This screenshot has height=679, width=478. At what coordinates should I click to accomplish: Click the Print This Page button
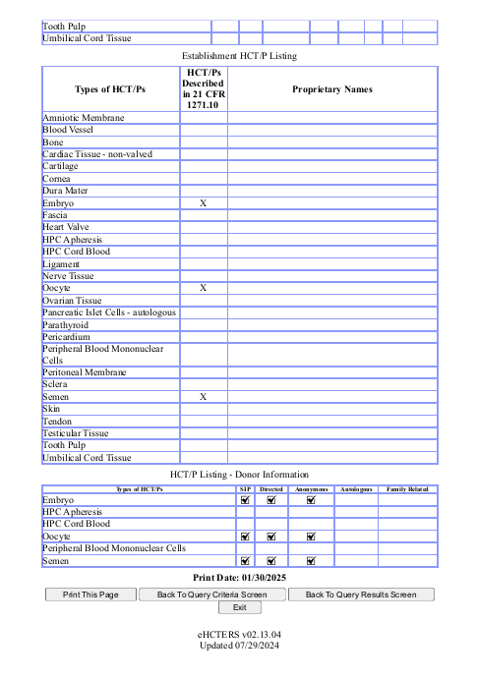[x=90, y=594]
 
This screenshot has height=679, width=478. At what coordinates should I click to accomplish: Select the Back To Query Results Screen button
[x=361, y=594]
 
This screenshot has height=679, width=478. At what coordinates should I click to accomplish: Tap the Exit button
[x=239, y=608]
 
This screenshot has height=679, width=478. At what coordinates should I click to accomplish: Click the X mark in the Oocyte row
[x=204, y=288]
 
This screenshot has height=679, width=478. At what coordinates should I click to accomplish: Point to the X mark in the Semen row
[x=204, y=397]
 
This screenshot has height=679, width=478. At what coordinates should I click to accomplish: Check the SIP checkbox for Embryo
[x=246, y=500]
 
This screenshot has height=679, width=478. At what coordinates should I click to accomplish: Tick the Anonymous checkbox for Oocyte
[x=311, y=537]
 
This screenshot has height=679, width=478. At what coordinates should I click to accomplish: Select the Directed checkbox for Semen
[x=271, y=561]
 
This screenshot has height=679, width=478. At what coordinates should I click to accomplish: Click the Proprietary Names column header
[x=332, y=89]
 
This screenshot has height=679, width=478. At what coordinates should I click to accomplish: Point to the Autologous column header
[x=356, y=488]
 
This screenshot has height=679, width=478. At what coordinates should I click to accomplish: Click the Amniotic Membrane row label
[x=84, y=118]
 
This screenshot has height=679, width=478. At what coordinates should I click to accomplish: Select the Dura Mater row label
[x=70, y=191]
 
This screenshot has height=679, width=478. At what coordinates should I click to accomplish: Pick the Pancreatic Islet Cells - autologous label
[x=109, y=312]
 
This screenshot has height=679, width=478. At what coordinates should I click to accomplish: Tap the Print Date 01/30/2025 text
[x=239, y=578]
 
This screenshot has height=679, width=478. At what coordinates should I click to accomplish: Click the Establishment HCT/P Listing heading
[x=239, y=58]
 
